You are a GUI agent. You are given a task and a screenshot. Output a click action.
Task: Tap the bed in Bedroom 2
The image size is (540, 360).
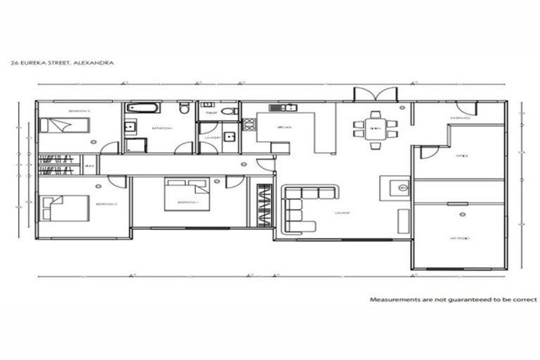point(65,207)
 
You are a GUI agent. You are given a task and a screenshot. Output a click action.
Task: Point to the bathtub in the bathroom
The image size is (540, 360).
point(143,109)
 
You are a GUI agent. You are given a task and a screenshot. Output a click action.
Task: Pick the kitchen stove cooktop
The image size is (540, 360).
point(249,125)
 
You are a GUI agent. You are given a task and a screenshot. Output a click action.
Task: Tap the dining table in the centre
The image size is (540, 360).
point(375,129)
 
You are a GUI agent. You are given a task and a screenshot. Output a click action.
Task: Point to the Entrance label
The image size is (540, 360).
point(460,118)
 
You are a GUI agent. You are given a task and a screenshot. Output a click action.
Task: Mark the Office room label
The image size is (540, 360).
point(461,155)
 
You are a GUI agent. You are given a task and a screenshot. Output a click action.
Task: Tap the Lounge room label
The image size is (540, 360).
point(342,213)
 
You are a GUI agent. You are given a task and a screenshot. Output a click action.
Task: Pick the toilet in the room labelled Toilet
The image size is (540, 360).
point(229,111)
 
